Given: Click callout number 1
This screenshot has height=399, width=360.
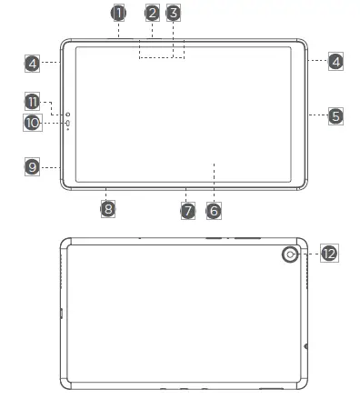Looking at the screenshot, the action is pos(118,13).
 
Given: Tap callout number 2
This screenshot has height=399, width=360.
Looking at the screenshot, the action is pos(153,13).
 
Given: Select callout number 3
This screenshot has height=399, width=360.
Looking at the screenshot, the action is pos(174,13).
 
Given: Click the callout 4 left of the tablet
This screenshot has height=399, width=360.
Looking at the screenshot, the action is pos(32,64).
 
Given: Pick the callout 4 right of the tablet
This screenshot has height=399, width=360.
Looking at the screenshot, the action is pos(335,62).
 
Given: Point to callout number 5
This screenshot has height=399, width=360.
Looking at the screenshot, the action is pos(335,116).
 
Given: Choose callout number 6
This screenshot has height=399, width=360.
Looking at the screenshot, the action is pos(214,211).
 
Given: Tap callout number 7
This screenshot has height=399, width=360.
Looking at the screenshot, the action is pos(188,211).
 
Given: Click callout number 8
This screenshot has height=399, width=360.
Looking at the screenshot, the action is pos(108,209).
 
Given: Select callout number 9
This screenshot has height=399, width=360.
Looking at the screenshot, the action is pos(32,166).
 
